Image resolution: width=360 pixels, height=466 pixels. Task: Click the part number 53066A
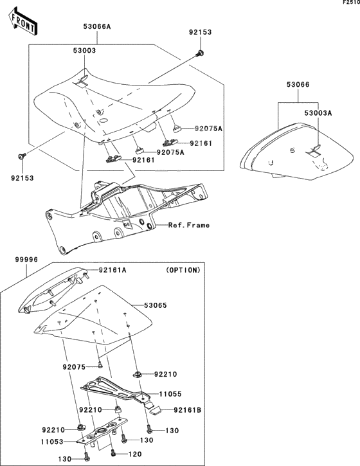(x=97, y=27)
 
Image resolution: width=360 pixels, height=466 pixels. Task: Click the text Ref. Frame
(x=189, y=226)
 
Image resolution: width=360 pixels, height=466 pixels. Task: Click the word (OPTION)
(x=183, y=271)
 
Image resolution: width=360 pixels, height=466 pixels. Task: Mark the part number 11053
(x=55, y=442)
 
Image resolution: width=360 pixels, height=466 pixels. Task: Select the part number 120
(x=135, y=454)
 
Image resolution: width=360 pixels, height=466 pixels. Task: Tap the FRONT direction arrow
(x=22, y=24)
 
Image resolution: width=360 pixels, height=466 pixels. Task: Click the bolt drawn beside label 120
(x=113, y=453)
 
